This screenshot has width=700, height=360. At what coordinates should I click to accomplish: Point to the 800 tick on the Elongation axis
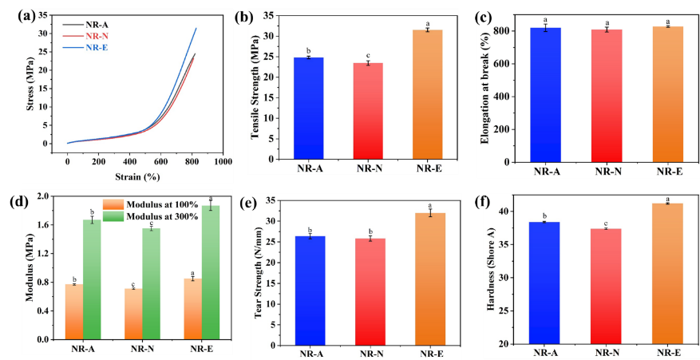point(508,31)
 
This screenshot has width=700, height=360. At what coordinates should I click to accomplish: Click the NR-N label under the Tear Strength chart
point(369,354)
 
